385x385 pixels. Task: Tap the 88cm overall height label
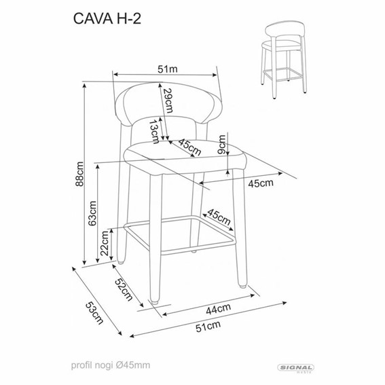coord(79,175)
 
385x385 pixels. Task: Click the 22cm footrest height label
coord(105,244)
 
